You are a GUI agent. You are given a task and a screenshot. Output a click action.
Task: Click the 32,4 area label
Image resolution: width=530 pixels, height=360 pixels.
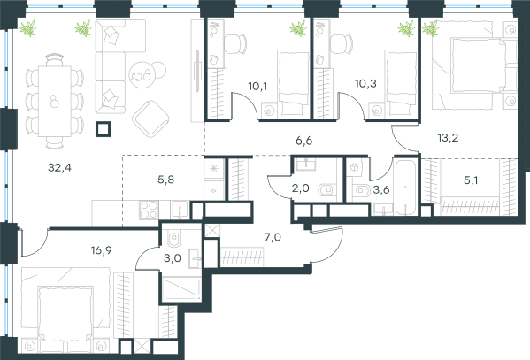(59, 168)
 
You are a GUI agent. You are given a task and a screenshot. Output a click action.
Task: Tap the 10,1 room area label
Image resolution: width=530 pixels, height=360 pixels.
(257, 87)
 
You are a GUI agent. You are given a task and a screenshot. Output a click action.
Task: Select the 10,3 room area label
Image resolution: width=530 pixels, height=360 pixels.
(365, 83)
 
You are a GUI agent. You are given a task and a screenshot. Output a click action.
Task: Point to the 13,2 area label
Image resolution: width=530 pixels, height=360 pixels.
(448, 138)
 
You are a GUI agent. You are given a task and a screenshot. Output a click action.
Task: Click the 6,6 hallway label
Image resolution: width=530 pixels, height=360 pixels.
(303, 141)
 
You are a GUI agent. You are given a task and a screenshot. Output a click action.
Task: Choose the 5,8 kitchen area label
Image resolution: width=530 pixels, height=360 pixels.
(166, 180)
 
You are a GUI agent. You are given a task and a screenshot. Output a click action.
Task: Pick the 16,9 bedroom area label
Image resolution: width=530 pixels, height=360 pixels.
(102, 250)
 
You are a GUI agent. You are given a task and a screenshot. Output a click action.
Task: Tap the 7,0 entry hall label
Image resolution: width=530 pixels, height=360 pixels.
(273, 238)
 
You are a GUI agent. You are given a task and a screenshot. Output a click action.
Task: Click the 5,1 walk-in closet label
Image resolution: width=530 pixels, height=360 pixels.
(471, 180)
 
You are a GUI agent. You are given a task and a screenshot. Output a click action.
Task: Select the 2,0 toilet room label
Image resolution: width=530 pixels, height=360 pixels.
(301, 188)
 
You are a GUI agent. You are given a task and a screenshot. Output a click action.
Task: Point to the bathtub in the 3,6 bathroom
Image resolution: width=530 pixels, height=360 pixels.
(405, 188)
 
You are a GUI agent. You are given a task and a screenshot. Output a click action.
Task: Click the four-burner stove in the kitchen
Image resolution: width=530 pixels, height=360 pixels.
(149, 210)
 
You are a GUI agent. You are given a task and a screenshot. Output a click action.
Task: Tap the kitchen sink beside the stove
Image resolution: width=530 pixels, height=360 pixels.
(180, 210)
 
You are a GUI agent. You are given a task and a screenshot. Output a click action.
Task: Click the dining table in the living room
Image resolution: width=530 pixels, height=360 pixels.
(55, 101)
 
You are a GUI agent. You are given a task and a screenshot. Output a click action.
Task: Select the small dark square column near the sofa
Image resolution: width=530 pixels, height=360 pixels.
(104, 129)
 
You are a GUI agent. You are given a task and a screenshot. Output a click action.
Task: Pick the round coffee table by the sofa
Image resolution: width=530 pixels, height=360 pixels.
(142, 75)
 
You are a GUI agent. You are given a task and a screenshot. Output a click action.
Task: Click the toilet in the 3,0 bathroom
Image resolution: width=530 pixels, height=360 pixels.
(174, 239)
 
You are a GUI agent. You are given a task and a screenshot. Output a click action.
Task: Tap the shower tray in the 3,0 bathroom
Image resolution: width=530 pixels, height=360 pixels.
(181, 289)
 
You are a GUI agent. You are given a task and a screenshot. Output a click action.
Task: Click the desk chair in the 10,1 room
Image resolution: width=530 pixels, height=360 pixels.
(235, 43)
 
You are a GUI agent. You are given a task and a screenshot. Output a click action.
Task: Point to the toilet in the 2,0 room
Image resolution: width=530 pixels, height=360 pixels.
(327, 190)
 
